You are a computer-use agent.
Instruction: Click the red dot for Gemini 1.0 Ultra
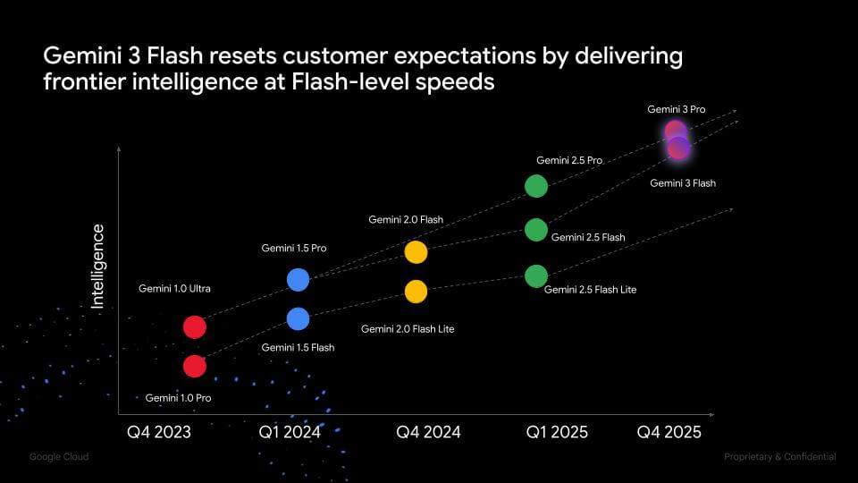click(x=195, y=326)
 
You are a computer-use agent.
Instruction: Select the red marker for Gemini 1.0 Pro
click(x=195, y=366)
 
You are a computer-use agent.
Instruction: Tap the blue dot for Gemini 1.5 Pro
click(x=298, y=280)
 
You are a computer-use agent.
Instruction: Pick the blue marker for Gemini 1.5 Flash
click(x=298, y=318)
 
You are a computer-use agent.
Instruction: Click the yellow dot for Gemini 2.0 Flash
click(x=416, y=252)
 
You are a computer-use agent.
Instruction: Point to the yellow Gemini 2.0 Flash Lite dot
click(x=416, y=292)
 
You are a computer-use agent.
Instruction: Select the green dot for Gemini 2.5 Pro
click(x=535, y=186)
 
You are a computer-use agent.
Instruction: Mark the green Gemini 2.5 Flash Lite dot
click(x=535, y=275)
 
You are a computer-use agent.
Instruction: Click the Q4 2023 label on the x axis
click(x=158, y=432)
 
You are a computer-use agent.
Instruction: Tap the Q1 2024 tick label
click(x=290, y=432)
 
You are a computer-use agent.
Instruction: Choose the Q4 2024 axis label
click(x=428, y=432)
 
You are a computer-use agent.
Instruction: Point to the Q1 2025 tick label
click(x=556, y=432)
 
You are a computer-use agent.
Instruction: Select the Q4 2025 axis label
click(x=669, y=432)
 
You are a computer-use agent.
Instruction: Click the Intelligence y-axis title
click(x=98, y=267)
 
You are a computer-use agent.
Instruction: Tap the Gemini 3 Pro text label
click(x=677, y=109)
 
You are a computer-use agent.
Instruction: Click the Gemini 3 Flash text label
click(x=683, y=183)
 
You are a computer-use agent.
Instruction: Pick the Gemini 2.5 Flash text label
click(x=588, y=238)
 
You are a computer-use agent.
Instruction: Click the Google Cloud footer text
click(x=59, y=457)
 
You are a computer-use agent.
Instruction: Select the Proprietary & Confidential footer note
click(x=780, y=457)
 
